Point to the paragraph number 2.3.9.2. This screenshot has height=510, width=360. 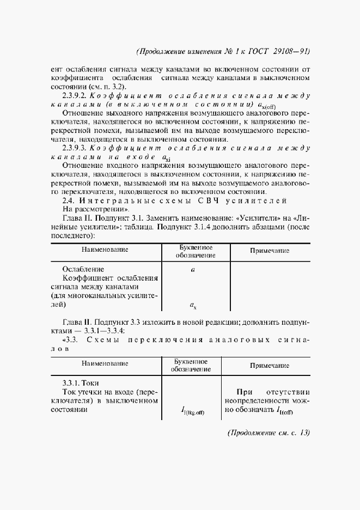pos(75,95)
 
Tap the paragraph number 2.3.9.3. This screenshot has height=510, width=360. pos(75,148)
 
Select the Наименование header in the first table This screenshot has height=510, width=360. pos(105,250)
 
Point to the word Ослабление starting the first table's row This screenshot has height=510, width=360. pos(83,269)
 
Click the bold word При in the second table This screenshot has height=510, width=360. pos(246,392)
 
